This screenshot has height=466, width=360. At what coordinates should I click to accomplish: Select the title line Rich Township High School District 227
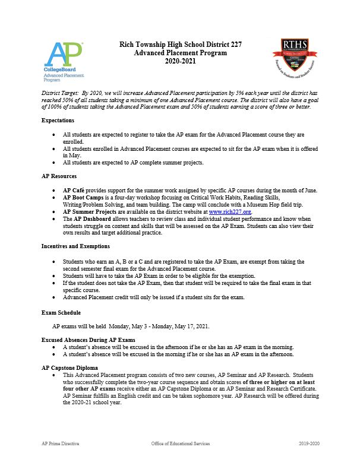[180, 45]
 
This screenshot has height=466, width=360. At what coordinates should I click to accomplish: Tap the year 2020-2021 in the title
[180, 61]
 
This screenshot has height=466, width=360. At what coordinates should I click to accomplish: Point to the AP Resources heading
[60, 176]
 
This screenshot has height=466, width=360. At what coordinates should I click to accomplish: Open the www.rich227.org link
[230, 211]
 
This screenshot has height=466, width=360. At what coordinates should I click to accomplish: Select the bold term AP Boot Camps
[84, 197]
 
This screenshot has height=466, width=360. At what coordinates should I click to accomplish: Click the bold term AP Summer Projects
[90, 211]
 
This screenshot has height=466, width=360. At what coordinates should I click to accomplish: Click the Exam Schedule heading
[61, 312]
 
